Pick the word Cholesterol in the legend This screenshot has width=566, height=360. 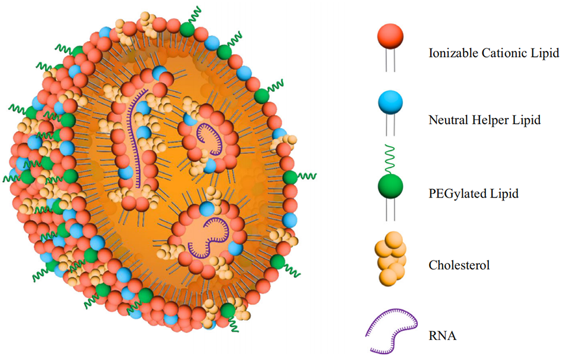[x=459, y=265]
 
